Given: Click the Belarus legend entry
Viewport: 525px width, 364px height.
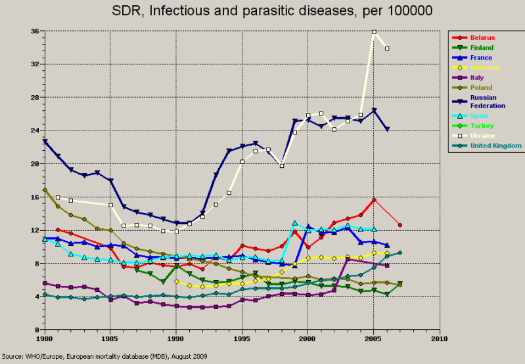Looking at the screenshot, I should coord(482,37).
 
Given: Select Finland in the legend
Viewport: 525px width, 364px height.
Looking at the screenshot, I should coord(482,48).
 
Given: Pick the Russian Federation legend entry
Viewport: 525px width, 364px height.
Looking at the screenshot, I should coord(485,101).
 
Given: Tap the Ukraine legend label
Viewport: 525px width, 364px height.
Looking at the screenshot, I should coord(482,135).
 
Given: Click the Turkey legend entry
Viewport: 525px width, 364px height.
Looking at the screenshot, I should coord(481,125).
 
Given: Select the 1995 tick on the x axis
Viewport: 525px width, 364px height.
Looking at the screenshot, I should coord(242,339).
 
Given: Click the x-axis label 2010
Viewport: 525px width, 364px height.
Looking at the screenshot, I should coord(440,339).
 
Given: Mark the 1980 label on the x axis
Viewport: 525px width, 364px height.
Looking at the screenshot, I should coord(45,339).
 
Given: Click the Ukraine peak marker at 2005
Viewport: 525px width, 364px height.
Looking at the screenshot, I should coord(374,32).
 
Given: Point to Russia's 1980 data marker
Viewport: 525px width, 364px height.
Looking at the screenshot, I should coord(45,141).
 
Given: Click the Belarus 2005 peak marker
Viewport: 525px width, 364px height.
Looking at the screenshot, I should coord(374,200).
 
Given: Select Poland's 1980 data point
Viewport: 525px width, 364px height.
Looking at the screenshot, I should coord(45,190).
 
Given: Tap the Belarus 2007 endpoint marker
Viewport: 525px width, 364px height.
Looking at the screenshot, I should coord(400,225).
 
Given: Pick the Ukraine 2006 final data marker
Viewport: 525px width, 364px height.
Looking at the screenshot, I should coord(387,49).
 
